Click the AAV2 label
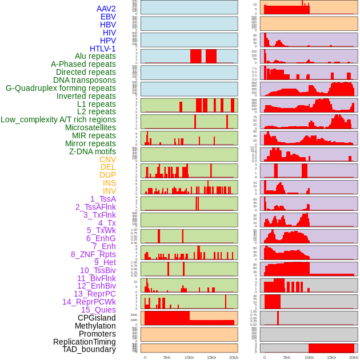click(106, 9)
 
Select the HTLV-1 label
click(103, 49)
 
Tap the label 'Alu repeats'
click(95, 57)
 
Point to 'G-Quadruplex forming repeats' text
click(61, 88)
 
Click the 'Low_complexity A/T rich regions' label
click(58, 119)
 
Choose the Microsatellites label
click(90, 127)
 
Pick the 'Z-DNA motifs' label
click(93, 151)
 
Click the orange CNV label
click(107, 159)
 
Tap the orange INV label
click(109, 191)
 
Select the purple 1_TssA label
click(103, 199)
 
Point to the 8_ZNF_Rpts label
click(93, 254)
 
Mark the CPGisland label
click(97, 318)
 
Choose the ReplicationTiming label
click(85, 342)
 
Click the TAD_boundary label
click(89, 349)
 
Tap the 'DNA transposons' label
click(85, 80)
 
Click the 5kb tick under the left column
click(167, 357)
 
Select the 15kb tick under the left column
click(211, 357)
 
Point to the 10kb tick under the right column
click(309, 357)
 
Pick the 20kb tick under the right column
click(354, 357)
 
